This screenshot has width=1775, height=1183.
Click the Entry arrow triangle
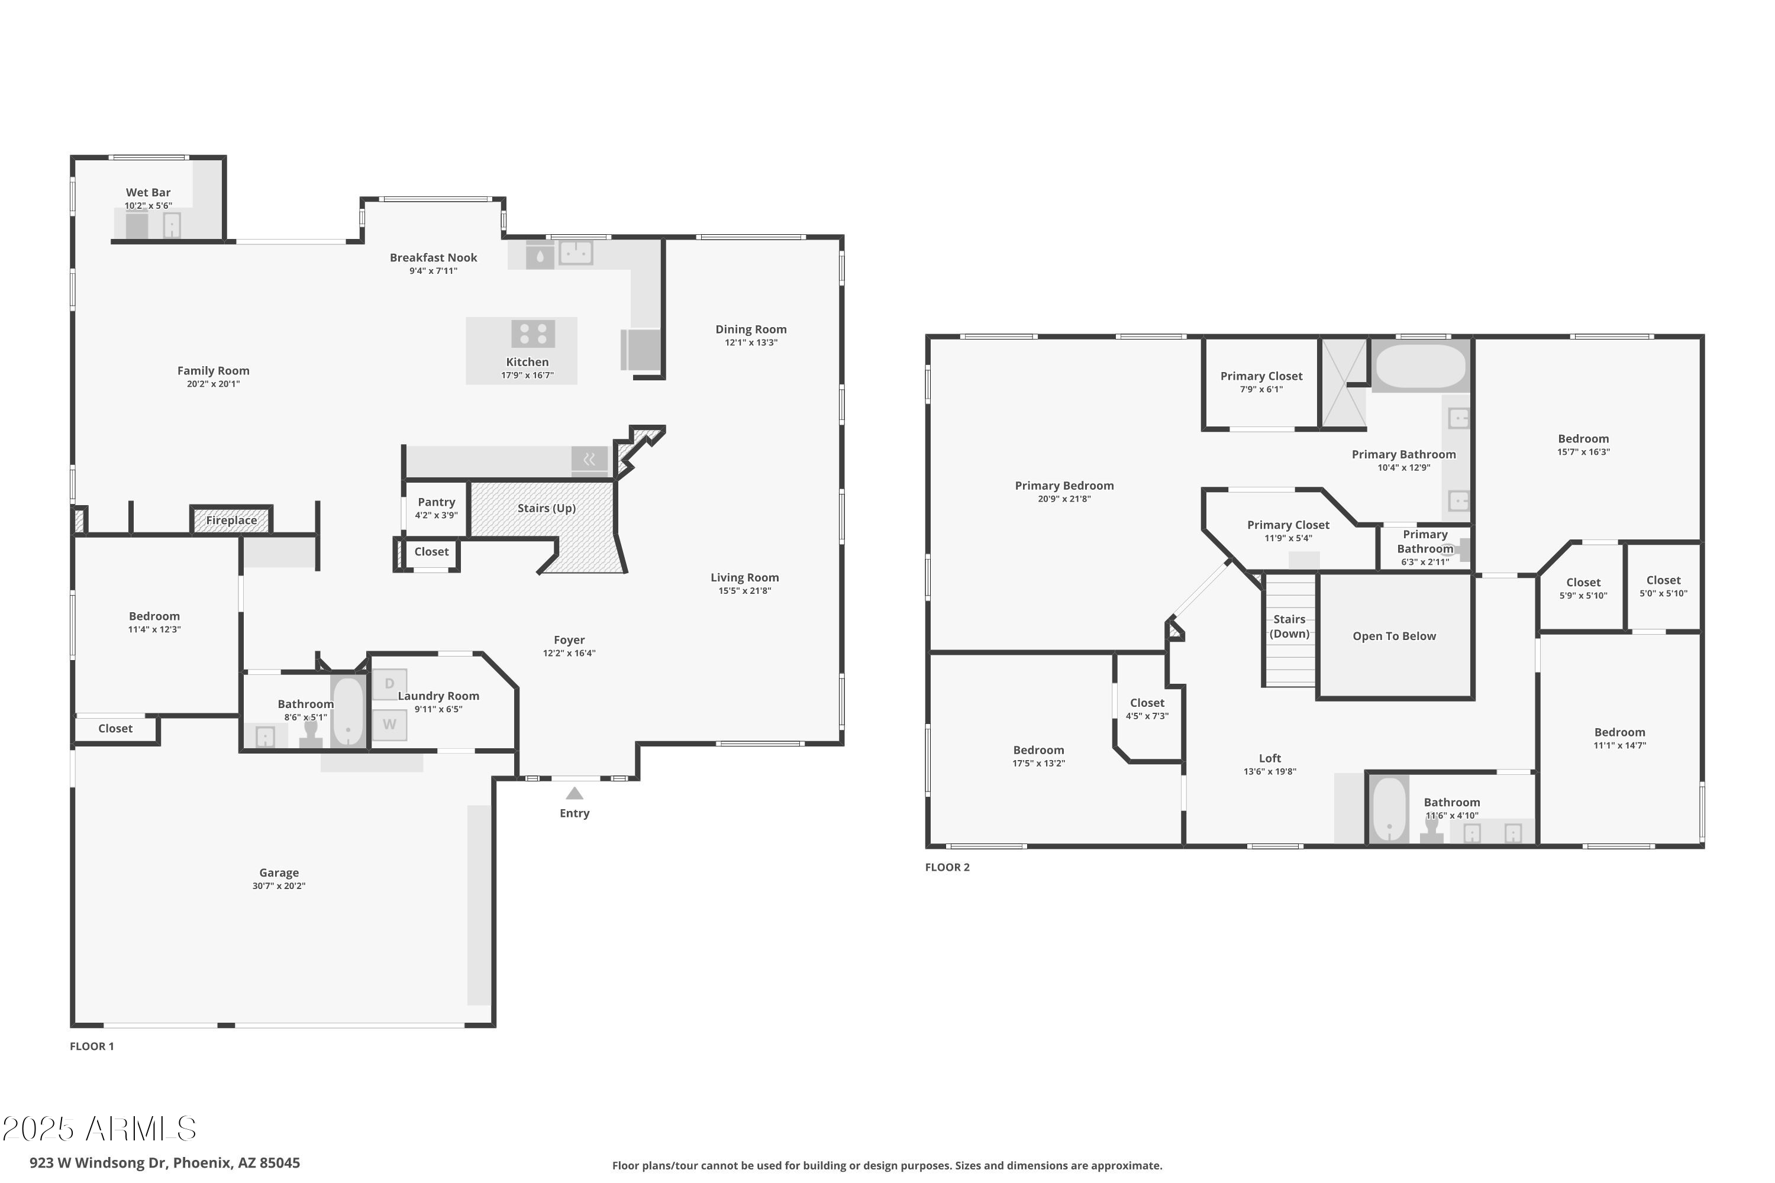tap(575, 793)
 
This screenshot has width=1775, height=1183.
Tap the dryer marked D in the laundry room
tap(389, 684)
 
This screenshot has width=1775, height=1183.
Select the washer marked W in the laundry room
tap(389, 724)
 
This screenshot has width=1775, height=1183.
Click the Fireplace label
tap(231, 520)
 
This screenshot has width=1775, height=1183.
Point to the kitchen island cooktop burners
tap(533, 334)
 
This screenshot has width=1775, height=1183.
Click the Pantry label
tap(436, 502)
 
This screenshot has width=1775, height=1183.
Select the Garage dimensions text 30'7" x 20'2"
tap(279, 885)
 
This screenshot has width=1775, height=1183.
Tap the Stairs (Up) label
tap(546, 508)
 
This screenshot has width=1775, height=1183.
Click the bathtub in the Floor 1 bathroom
tap(348, 712)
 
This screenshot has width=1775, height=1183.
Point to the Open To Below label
tap(1394, 636)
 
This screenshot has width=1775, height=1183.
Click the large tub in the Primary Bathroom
tap(1421, 366)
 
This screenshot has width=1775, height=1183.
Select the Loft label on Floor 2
tap(1269, 758)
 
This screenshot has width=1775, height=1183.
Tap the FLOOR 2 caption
tap(947, 867)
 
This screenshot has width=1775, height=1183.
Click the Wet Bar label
tap(148, 192)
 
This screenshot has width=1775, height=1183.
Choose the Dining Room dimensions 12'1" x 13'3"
tap(750, 342)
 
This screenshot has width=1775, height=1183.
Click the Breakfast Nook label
tap(433, 257)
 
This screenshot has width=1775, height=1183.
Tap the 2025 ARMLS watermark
tap(99, 1129)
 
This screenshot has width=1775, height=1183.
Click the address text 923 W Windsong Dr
tap(164, 1163)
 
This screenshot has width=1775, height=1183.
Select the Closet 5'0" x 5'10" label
tap(1663, 580)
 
